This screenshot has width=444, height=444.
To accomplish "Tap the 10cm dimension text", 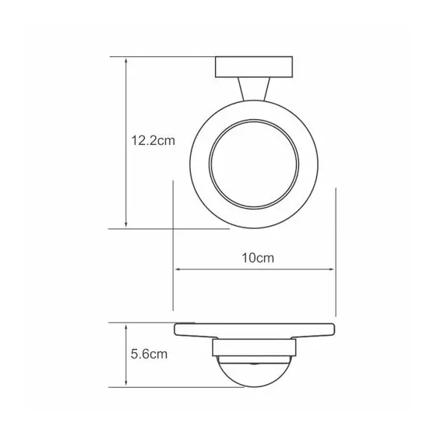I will point(255,256).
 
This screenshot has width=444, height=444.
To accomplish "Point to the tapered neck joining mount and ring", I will point(254,91).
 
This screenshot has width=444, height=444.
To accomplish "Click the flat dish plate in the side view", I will point(254,330).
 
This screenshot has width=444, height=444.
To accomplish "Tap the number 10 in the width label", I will point(247,256).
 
